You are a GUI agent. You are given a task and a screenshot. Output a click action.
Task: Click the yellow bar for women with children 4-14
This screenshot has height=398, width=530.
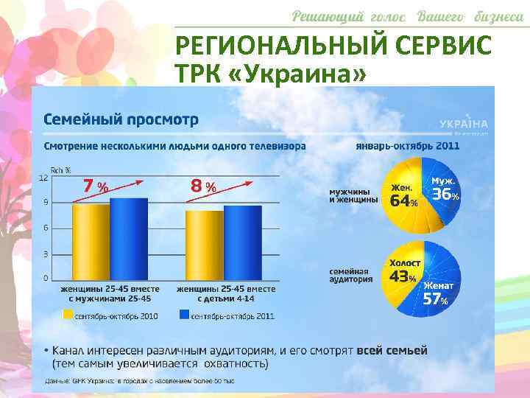(x=204, y=245)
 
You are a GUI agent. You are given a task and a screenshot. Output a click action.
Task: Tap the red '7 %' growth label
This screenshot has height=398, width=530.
(x=95, y=186)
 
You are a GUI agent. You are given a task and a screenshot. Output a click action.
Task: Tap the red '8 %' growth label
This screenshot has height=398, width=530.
(x=203, y=186)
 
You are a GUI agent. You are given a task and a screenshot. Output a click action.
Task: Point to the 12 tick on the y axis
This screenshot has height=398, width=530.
(x=43, y=178)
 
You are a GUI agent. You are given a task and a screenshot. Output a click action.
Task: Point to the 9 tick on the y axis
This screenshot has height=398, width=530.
(x=46, y=202)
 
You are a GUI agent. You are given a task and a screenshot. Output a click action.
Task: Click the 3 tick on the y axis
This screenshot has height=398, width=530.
(x=46, y=254)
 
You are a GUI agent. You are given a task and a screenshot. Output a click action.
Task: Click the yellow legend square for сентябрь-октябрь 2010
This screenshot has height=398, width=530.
(x=67, y=315)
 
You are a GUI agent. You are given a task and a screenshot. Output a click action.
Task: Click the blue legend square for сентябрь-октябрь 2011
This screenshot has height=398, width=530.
(x=183, y=315)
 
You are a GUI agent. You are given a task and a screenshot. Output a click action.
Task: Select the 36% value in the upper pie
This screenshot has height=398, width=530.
(x=445, y=195)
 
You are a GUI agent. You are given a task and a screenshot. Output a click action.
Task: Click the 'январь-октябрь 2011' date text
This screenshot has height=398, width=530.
(x=407, y=146)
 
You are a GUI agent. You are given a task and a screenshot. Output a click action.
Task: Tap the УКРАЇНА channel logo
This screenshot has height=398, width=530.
(x=463, y=124)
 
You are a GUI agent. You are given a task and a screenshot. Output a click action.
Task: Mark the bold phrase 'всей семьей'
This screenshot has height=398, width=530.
(x=392, y=351)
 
